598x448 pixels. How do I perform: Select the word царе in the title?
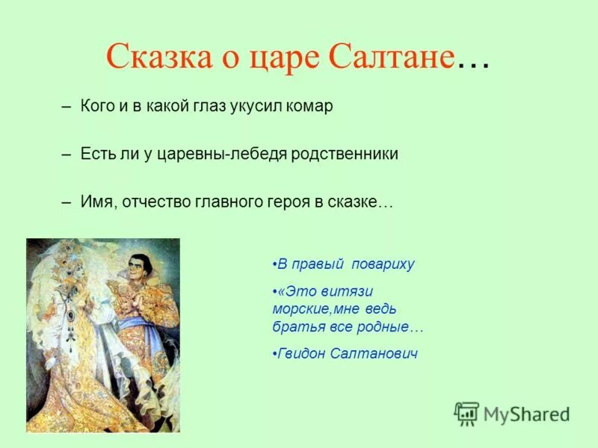[284, 57]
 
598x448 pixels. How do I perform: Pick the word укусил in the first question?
[250, 107]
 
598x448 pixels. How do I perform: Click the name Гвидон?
[300, 353]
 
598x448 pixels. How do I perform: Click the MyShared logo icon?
[466, 414]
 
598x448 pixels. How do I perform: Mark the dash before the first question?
[67, 106]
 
